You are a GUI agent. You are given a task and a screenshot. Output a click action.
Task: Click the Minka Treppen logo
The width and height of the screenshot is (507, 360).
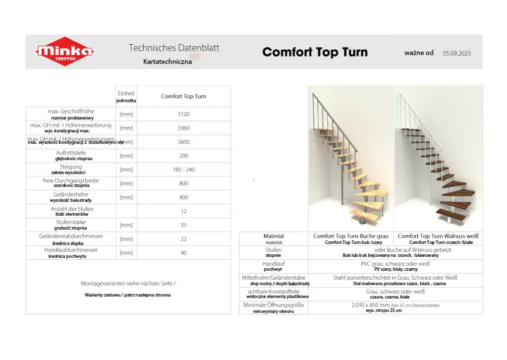65,52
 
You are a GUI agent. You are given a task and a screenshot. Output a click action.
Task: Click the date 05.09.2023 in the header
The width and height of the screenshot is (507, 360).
456,53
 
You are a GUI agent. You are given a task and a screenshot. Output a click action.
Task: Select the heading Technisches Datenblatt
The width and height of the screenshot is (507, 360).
173,48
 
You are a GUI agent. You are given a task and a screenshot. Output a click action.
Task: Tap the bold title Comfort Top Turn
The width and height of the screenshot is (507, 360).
315,52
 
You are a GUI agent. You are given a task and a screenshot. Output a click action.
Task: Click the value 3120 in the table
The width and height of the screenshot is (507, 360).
183,114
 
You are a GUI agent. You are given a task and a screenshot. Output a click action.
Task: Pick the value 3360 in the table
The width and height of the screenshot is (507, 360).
183,128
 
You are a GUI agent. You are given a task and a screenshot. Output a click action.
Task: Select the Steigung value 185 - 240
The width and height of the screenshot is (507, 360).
183,170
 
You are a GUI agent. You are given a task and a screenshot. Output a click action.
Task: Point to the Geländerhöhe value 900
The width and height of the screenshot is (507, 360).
183,197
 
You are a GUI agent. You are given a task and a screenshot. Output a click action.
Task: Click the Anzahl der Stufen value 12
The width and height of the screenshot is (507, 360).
183,211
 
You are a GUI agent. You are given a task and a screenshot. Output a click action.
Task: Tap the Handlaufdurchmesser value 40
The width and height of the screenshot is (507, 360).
183,253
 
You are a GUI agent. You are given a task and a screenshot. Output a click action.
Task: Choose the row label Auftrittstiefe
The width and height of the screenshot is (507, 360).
71,153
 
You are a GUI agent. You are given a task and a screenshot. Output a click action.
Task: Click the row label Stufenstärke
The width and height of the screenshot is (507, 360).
71,223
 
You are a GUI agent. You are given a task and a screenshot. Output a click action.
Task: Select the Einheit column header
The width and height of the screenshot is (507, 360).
126,94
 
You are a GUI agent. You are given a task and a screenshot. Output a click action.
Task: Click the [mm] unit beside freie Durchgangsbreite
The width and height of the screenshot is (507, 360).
126,183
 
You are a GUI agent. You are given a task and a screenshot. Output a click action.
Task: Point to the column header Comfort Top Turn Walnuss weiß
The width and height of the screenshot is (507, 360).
438,236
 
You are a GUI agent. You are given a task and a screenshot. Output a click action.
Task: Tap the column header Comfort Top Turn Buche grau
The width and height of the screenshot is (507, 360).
351,236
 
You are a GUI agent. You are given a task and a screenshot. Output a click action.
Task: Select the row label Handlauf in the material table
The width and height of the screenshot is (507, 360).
274,264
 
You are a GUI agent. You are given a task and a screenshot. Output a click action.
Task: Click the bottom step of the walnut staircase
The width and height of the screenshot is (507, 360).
450,215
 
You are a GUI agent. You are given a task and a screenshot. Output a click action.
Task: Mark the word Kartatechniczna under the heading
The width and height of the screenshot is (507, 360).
167,62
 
